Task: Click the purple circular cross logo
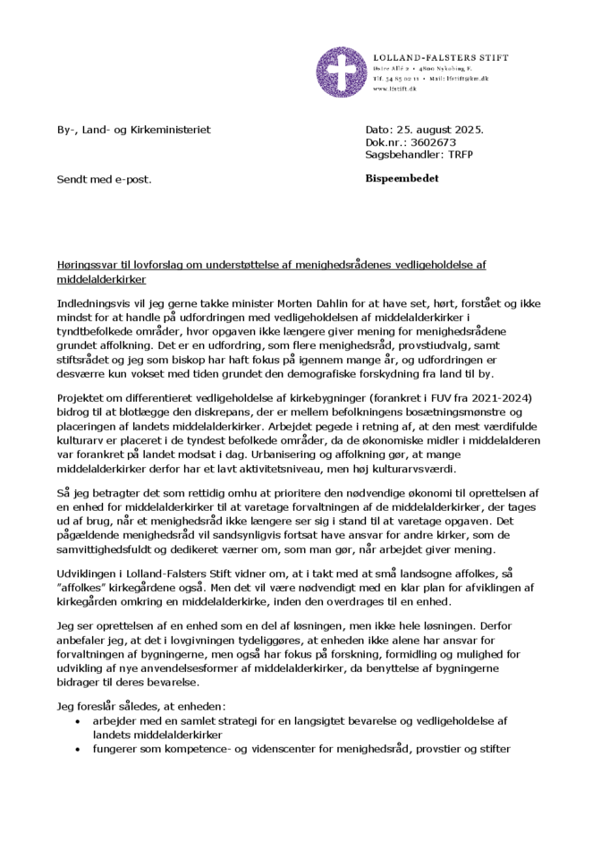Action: pos(343,72)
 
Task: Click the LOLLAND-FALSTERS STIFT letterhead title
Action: pos(440,57)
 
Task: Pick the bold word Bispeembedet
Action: pos(402,179)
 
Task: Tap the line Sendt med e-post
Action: pos(104,179)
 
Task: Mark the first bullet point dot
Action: pos(80,721)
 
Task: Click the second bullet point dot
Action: pos(80,748)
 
